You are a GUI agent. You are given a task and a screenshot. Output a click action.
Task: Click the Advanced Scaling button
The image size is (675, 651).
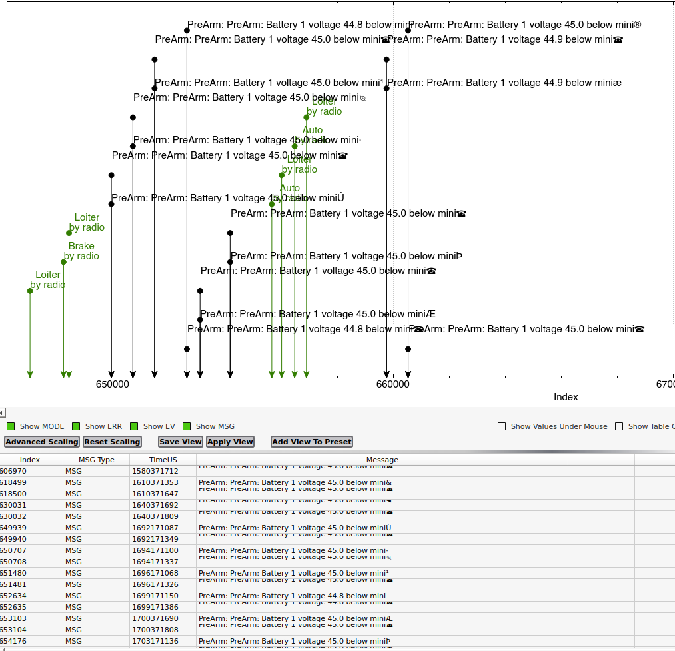42,442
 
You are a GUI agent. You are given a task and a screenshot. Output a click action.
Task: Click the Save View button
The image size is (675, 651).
181,442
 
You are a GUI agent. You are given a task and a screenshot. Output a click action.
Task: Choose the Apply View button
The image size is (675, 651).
230,442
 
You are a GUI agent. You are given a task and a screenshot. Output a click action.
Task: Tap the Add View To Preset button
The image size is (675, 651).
312,442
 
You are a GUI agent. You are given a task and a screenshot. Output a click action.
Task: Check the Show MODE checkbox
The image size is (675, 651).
11,426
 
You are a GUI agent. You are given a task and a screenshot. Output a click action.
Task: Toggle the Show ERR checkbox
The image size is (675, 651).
76,426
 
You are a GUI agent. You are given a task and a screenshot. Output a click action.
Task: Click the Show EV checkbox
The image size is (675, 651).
134,426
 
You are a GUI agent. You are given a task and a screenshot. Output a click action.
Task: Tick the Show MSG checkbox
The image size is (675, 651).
187,426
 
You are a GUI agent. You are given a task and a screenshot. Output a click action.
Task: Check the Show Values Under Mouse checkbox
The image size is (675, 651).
502,426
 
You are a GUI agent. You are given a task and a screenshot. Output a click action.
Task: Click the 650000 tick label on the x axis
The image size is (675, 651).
112,385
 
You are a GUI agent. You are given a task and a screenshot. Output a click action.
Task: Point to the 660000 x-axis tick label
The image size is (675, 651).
393,385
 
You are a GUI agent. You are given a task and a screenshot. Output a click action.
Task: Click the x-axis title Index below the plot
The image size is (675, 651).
566,397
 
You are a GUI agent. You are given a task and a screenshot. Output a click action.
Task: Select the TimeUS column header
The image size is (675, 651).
163,460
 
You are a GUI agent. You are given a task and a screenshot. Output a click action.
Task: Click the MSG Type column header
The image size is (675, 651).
96,460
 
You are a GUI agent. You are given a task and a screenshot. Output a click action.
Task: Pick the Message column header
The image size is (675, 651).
382,460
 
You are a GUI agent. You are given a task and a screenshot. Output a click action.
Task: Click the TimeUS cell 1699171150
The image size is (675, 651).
155,596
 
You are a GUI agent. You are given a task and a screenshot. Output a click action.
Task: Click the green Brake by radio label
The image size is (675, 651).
81,251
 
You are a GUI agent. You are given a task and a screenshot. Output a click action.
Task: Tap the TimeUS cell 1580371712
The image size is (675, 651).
155,471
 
